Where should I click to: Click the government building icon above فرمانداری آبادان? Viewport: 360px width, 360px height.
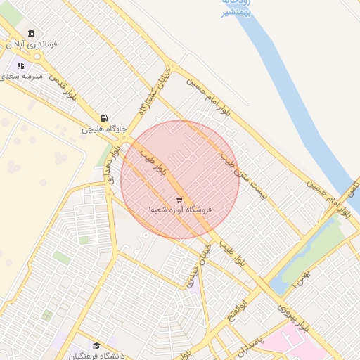coord(31,33)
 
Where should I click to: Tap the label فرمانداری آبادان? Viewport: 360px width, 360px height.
coord(32,44)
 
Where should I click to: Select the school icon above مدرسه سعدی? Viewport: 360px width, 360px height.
coord(20,66)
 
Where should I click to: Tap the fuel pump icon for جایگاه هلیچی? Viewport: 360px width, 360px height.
coord(104,118)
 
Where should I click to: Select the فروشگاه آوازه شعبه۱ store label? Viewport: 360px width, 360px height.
coord(180,210)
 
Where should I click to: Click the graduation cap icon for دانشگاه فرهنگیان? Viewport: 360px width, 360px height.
coord(96,345)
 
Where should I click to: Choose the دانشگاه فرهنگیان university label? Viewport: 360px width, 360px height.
coord(96,356)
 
